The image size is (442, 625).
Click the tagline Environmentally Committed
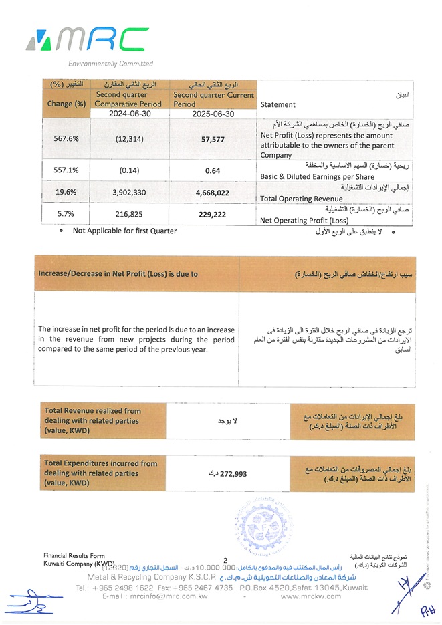tap(110, 64)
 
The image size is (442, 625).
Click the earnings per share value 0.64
tap(213, 170)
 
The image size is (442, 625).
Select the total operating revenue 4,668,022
tap(213, 193)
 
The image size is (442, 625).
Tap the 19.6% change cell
tap(66, 193)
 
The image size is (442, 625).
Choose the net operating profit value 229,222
tap(213, 214)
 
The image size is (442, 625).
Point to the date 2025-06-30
tap(213, 114)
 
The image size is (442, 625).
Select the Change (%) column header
tap(66, 104)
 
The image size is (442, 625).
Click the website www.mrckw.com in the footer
tap(311, 596)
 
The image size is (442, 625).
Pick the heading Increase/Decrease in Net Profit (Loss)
tap(118, 274)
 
